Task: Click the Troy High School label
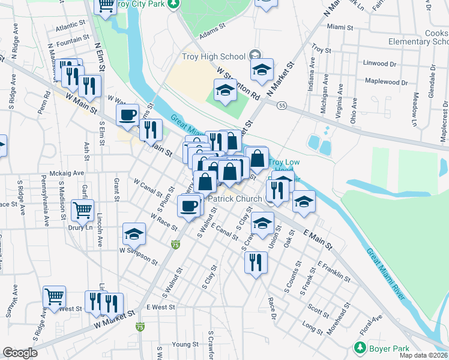[214, 56]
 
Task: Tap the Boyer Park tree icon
[360, 347]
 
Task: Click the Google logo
[20, 353]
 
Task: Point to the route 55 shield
[282, 106]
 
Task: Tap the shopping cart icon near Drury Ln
[82, 210]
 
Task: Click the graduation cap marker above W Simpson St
[134, 234]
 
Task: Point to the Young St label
[185, 344]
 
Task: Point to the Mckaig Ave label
[67, 173]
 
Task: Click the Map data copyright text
[424, 355]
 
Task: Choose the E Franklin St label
[334, 271]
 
